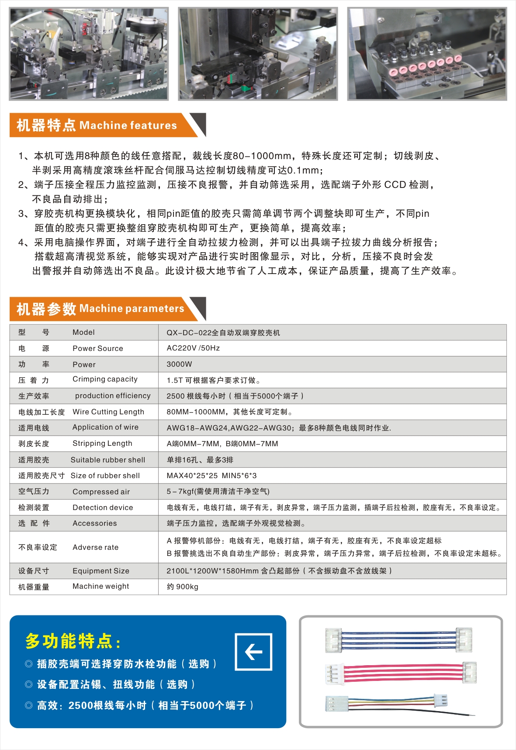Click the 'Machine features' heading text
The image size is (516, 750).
pyautogui.click(x=128, y=125)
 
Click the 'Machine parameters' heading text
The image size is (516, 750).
pyautogui.click(x=132, y=309)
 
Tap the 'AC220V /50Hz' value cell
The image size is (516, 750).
pyautogui.click(x=193, y=348)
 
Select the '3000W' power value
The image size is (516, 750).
pyautogui.click(x=179, y=364)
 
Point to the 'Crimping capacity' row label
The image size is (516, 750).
pyautogui.click(x=105, y=379)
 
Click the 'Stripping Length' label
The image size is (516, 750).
pyautogui.click(x=102, y=443)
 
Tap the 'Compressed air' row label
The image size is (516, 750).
pyautogui.click(x=101, y=492)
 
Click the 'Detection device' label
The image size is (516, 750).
pyautogui.click(x=103, y=507)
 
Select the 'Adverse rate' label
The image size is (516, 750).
pyautogui.click(x=95, y=547)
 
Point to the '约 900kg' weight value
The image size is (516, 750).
pyautogui.click(x=183, y=587)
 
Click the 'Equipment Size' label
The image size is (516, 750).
pyautogui.click(x=101, y=571)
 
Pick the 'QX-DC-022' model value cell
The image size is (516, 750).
pyautogui.click(x=223, y=333)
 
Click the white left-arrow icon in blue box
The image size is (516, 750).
pyautogui.click(x=253, y=652)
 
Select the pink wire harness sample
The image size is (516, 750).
pyautogui.click(x=400, y=673)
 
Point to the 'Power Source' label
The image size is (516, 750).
pyautogui.click(x=98, y=348)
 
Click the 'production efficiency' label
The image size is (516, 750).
pyautogui.click(x=113, y=396)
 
